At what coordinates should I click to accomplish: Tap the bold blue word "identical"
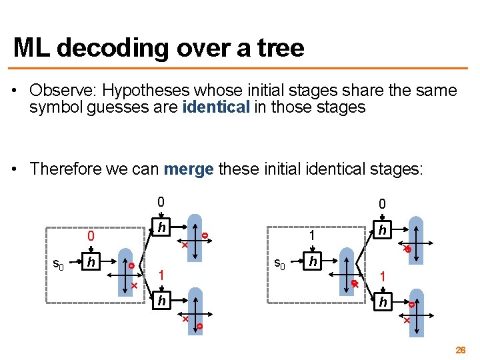pos(214,107)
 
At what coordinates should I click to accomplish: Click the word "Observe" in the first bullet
pos(57,90)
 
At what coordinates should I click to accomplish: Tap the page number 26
pos(460,349)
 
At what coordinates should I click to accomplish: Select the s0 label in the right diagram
pos(281,263)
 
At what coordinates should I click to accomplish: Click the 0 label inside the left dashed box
pos(91,236)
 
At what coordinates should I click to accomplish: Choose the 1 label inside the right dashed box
pos(311,235)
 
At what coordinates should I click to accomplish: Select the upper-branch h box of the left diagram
pos(161,228)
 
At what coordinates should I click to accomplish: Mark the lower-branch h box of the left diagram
pos(161,301)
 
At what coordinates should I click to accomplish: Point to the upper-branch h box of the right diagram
pos(382,229)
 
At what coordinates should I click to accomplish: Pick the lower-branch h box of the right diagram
pos(382,301)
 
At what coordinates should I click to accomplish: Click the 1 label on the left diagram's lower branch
pos(160,274)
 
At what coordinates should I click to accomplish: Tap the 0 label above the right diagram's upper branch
pos(381,204)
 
